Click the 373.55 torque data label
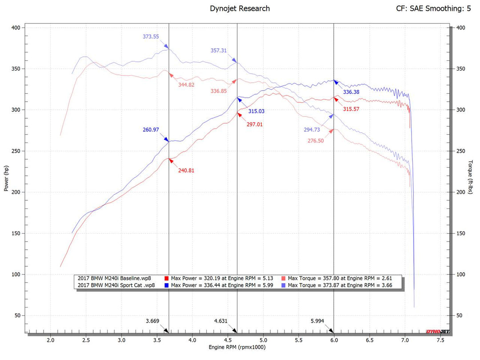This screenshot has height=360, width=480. pyautogui.click(x=151, y=37)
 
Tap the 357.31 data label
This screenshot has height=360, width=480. pyautogui.click(x=219, y=51)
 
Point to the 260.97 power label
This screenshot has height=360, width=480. pyautogui.click(x=151, y=130)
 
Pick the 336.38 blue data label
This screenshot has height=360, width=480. pyautogui.click(x=351, y=92)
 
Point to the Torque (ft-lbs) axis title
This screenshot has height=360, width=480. pyautogui.click(x=471, y=177)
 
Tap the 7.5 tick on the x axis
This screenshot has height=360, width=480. pyautogui.click(x=440, y=340)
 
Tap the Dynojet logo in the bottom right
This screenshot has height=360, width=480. pyautogui.click(x=437, y=332)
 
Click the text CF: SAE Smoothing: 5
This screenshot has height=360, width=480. pyautogui.click(x=433, y=8)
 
